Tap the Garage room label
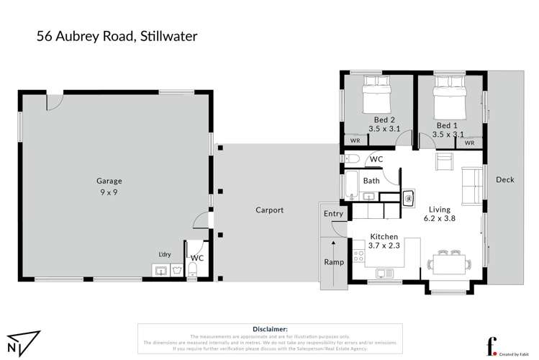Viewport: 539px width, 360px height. [x=109, y=181]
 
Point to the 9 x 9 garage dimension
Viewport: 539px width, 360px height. [x=109, y=193]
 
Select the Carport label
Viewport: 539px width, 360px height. [x=269, y=210]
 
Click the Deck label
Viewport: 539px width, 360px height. [x=504, y=180]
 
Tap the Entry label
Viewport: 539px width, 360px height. [x=333, y=214]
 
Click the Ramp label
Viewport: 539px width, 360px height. [x=332, y=262]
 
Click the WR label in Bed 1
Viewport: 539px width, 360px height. [x=469, y=143]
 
